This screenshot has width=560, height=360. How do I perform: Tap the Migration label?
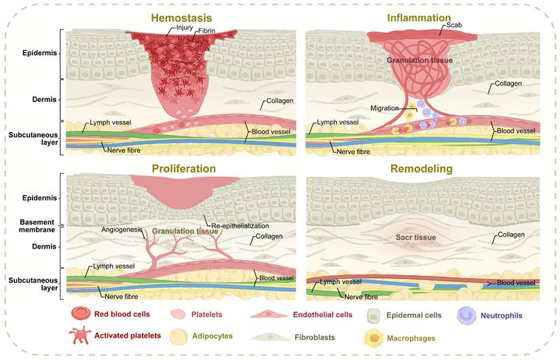tap(385, 108)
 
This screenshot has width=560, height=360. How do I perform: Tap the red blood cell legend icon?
tap(81, 314)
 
